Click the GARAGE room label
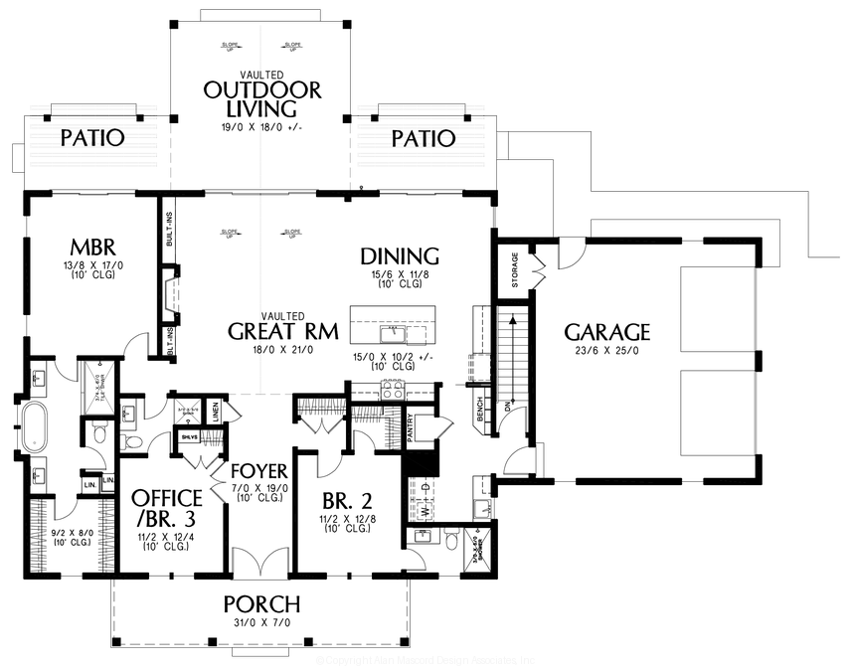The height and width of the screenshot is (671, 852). pyautogui.click(x=606, y=332)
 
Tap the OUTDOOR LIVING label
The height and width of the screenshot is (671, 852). pyautogui.click(x=262, y=98)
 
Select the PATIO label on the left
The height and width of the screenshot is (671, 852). pyautogui.click(x=92, y=138)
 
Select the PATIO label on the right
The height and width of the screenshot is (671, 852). pyautogui.click(x=423, y=138)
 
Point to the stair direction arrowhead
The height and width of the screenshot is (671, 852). pyautogui.click(x=512, y=320)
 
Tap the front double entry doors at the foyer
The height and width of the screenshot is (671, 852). pyautogui.click(x=258, y=561)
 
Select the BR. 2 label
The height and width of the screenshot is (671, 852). pyautogui.click(x=347, y=499)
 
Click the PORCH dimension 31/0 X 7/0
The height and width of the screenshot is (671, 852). pyautogui.click(x=261, y=623)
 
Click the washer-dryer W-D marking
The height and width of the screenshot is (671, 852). pyautogui.click(x=422, y=493)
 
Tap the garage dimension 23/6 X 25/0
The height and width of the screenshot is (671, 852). pyautogui.click(x=606, y=352)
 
